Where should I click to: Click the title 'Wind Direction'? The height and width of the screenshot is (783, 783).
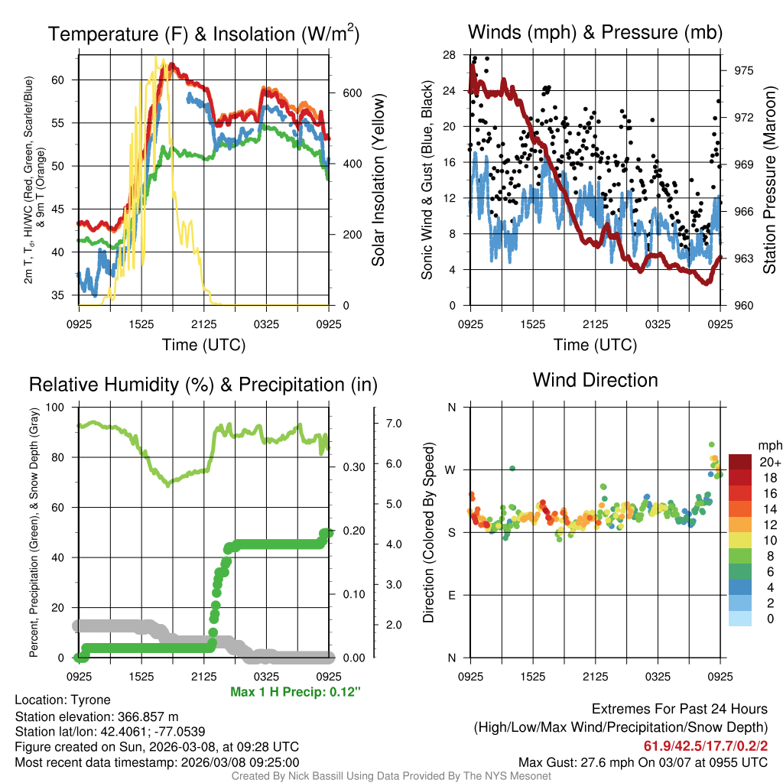595,380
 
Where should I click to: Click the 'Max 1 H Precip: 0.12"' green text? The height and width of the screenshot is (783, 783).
295,692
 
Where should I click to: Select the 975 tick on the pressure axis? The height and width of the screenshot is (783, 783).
744,70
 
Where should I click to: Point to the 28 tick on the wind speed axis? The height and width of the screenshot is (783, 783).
450,55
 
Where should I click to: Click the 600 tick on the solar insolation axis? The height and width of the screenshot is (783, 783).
352,93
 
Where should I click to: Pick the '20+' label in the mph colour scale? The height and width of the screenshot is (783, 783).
768,462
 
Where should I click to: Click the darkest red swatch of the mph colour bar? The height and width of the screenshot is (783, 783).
740,462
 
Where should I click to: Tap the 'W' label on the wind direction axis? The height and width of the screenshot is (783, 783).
451,470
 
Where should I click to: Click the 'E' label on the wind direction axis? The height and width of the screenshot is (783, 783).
452,595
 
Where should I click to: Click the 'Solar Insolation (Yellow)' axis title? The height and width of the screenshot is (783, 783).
379,180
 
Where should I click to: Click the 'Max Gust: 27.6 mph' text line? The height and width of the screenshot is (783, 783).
642,762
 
